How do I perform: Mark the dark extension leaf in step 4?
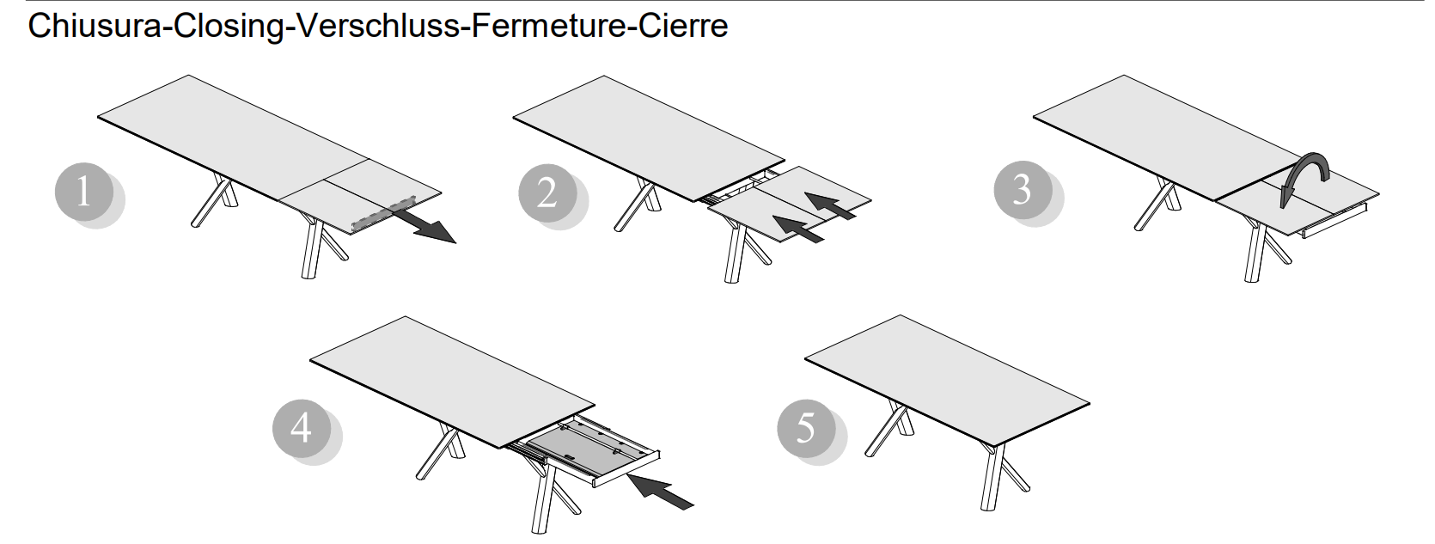[586, 447]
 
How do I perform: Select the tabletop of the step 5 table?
[947, 378]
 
